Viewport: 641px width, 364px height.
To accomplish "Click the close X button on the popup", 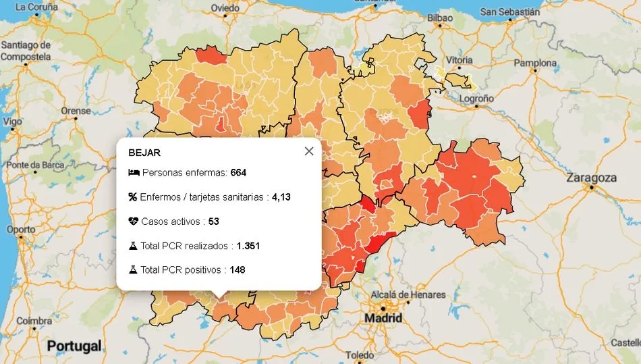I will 309,151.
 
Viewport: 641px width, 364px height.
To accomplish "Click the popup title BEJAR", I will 144,153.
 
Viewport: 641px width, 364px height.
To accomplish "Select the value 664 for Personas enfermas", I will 238,173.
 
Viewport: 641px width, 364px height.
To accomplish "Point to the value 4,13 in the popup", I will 281,197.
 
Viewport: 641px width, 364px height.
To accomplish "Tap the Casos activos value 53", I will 214,222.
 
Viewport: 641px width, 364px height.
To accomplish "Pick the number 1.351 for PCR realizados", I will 248,246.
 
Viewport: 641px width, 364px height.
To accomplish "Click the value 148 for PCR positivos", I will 237,270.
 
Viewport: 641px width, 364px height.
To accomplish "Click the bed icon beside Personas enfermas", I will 134,173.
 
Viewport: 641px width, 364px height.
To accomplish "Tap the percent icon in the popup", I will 133,197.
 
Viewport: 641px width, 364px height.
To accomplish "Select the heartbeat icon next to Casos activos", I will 134,222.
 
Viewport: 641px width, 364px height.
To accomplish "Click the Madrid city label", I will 383,318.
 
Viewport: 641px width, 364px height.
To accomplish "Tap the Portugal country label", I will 74,346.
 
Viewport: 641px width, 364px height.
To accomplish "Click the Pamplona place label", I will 535,63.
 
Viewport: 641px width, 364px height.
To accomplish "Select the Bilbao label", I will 440,18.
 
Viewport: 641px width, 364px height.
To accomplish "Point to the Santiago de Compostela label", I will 26,51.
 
